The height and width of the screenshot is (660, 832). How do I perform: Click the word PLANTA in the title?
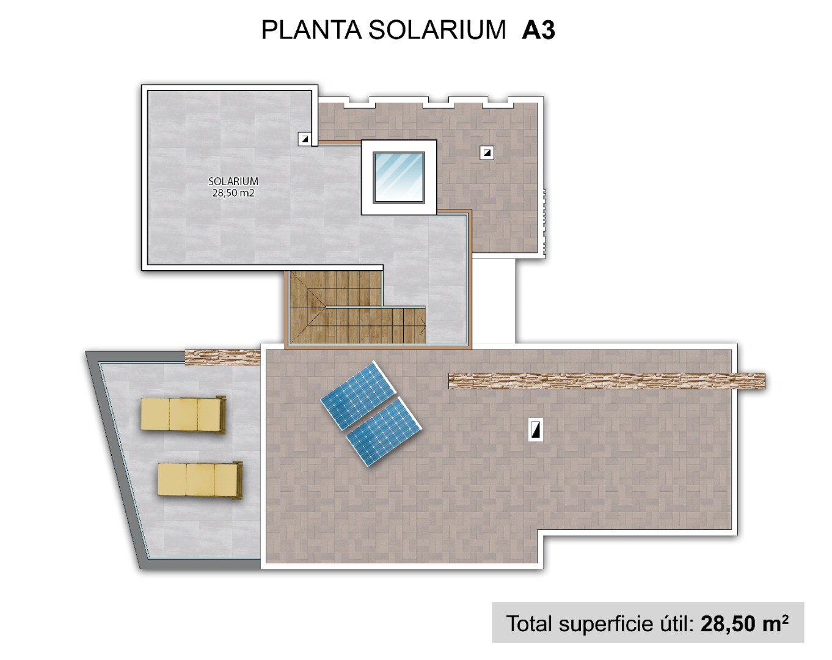point(311,30)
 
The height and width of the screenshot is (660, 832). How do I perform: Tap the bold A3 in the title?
point(538,30)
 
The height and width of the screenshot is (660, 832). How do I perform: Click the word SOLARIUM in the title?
point(437,30)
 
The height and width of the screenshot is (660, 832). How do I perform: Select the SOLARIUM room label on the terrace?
point(233,181)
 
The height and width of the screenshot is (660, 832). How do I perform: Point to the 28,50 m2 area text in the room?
point(233,193)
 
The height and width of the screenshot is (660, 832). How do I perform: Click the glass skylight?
point(399,177)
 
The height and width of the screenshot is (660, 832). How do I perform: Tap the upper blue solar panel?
point(359,395)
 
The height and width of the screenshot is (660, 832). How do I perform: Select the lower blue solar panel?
point(384,431)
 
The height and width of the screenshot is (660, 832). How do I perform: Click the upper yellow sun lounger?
point(183,415)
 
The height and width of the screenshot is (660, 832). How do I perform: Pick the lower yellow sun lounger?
point(200,480)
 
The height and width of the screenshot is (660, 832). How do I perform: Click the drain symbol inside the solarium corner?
point(305,139)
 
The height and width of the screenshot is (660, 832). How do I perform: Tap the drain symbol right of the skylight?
point(487,153)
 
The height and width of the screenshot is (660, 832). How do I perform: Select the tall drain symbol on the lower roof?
point(536,430)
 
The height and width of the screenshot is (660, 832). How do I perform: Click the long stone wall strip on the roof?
point(607,381)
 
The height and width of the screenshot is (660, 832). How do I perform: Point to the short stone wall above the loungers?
point(223,357)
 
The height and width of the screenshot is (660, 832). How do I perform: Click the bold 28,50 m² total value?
point(744,623)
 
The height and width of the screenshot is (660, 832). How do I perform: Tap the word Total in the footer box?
point(529,624)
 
